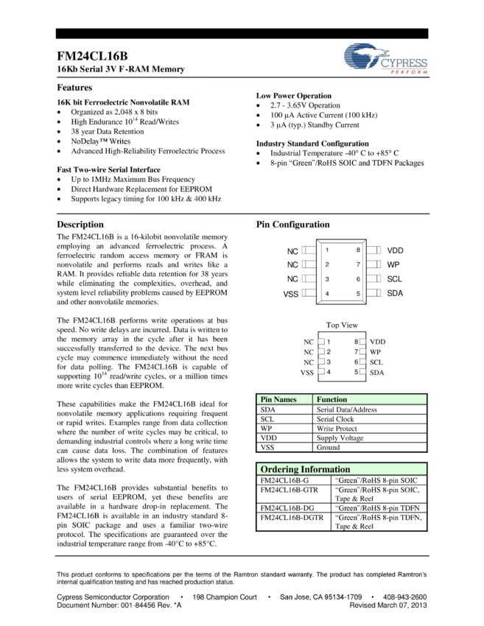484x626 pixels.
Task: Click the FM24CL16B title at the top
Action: click(x=92, y=56)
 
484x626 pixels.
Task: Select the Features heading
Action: click(x=74, y=87)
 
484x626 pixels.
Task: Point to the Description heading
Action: click(x=80, y=225)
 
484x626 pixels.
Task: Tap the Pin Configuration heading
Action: click(x=292, y=225)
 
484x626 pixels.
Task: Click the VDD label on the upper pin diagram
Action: click(x=395, y=250)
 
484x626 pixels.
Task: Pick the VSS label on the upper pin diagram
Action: click(x=291, y=294)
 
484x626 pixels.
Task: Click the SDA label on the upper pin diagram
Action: click(x=395, y=294)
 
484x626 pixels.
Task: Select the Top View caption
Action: click(x=342, y=325)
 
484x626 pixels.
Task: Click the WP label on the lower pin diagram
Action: click(x=375, y=352)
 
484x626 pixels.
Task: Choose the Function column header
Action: click(x=332, y=399)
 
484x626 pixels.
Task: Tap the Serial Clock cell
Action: click(x=335, y=419)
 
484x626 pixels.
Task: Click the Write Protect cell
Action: click(x=337, y=429)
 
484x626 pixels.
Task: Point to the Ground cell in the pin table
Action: click(x=329, y=447)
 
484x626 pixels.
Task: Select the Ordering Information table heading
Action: click(x=305, y=469)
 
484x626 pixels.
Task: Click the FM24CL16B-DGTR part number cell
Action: click(x=292, y=518)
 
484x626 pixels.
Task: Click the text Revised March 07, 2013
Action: click(x=387, y=605)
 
